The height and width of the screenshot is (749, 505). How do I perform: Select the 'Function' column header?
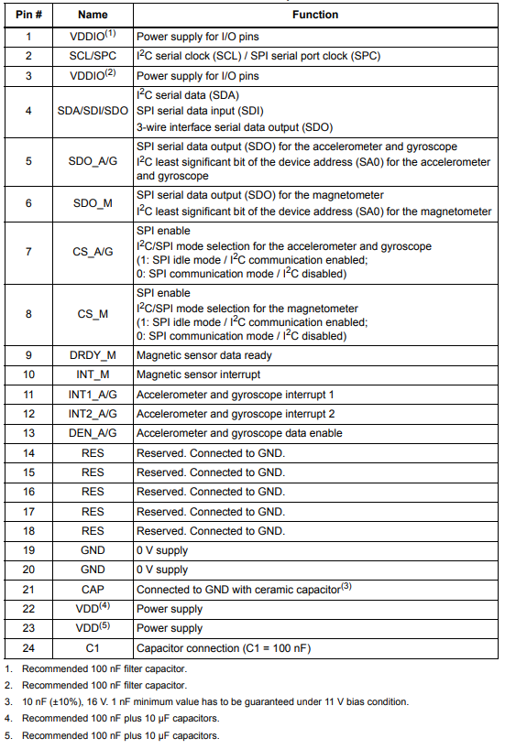[x=315, y=15]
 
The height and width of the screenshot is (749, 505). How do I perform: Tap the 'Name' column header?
[x=93, y=15]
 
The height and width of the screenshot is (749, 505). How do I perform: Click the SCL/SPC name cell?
[x=93, y=56]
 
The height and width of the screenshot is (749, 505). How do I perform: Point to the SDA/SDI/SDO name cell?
[x=93, y=111]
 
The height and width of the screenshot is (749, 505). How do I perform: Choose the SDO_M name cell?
[x=93, y=202]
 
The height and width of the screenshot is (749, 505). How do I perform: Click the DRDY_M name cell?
[x=93, y=354]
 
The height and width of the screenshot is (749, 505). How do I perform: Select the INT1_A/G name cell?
[x=93, y=394]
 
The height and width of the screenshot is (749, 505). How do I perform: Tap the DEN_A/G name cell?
[x=93, y=433]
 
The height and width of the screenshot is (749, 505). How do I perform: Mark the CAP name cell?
[x=93, y=590]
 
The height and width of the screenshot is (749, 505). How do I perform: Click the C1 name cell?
[x=93, y=648]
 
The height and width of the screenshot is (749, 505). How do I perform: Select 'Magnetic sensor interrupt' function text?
[x=198, y=374]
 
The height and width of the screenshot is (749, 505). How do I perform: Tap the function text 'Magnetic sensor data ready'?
[x=203, y=354]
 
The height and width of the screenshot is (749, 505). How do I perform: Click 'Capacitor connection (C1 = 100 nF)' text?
[x=224, y=648]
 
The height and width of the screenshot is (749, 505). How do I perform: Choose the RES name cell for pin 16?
[x=93, y=492]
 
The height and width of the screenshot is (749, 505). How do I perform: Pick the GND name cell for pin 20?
[x=93, y=570]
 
